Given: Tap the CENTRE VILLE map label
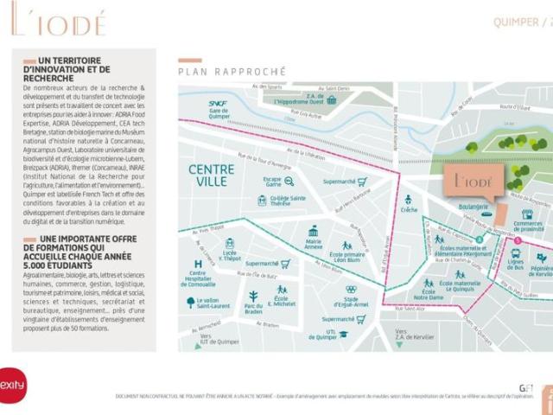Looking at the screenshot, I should pos(208,175).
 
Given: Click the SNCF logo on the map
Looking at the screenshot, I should pos(217,104).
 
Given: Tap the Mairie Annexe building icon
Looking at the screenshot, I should pos(313,231).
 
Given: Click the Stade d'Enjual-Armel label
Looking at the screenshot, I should pos(351,301).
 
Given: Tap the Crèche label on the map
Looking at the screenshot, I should pos(409,210).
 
